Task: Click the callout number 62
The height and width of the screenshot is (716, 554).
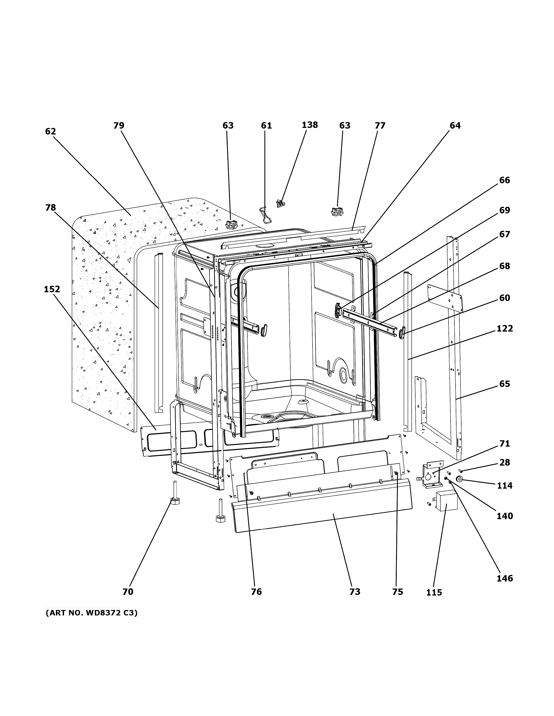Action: tap(50, 132)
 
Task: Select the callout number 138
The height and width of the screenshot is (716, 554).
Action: tap(310, 125)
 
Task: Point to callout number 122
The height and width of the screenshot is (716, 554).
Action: tap(504, 328)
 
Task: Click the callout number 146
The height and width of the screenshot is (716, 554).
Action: tap(504, 578)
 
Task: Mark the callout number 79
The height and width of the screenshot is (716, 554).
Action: tap(119, 126)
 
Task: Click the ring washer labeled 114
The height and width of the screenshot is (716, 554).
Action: tap(459, 479)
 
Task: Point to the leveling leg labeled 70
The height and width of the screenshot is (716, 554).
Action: tap(175, 494)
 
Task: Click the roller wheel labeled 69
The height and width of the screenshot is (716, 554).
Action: tap(337, 310)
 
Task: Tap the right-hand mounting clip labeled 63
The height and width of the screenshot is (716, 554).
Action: tap(337, 212)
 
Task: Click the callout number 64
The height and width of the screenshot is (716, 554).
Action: tap(455, 126)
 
